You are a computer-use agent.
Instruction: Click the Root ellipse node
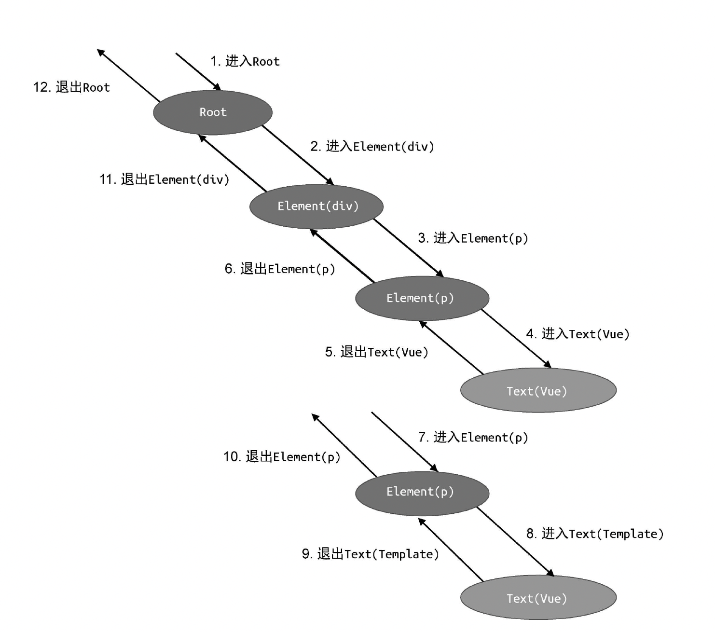(x=213, y=112)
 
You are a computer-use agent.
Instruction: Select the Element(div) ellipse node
(x=316, y=206)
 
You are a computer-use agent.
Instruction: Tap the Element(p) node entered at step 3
(x=422, y=298)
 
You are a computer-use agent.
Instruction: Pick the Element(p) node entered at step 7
(x=422, y=493)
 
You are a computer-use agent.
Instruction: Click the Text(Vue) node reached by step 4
(x=538, y=390)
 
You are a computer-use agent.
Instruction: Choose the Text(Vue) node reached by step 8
(x=538, y=598)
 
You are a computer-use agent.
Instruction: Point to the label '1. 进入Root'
(x=245, y=61)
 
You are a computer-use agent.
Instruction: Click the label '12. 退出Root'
(x=71, y=87)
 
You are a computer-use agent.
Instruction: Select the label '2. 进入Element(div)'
(x=372, y=146)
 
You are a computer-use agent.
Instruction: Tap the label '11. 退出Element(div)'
(x=164, y=179)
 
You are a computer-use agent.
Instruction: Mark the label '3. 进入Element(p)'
(x=473, y=238)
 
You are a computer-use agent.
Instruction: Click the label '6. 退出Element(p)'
(x=280, y=269)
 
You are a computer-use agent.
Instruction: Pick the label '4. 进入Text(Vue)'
(x=577, y=334)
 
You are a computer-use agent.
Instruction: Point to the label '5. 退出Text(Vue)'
(x=376, y=352)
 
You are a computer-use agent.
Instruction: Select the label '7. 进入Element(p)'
(x=473, y=437)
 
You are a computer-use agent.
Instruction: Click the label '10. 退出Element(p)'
(x=282, y=457)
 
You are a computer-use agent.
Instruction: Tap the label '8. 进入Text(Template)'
(x=595, y=534)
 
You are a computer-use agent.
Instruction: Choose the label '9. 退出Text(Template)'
(x=371, y=554)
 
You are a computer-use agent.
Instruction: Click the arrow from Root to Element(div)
(x=298, y=155)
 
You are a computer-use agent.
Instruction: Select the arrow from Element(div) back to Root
(x=233, y=163)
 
